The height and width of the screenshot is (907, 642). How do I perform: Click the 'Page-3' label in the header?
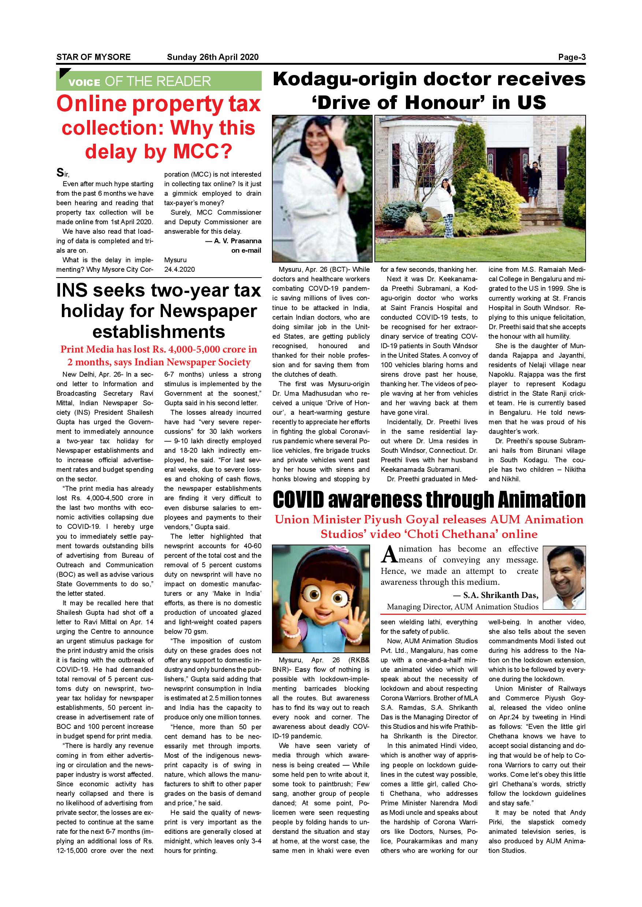coord(571,57)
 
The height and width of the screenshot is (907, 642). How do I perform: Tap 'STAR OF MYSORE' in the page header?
coord(93,57)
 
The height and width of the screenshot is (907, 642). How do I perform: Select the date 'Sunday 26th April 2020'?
coord(212,57)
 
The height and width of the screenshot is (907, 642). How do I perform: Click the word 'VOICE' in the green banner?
coord(84,83)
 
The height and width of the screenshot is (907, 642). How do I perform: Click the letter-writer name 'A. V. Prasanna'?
coord(237,241)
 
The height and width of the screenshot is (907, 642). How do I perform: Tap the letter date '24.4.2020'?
coord(179,270)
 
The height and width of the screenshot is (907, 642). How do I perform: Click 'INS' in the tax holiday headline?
coord(78,291)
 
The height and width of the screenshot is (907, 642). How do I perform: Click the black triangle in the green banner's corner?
coord(61,74)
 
